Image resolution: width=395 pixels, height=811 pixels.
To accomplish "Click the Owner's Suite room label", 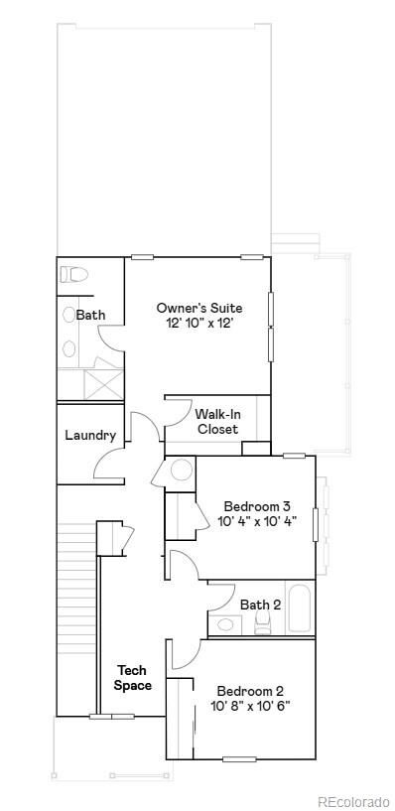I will (x=198, y=308).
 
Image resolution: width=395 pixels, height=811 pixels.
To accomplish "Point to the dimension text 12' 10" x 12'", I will (x=198, y=325).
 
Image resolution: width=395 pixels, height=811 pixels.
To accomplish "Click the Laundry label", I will (x=90, y=435).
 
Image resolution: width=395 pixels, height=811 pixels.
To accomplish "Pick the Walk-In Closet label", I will (x=216, y=422).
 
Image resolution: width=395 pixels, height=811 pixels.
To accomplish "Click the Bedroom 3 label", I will (x=256, y=506).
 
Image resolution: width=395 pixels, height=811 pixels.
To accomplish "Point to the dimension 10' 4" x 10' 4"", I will (x=256, y=522).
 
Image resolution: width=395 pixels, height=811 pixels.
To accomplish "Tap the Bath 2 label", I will (x=260, y=604).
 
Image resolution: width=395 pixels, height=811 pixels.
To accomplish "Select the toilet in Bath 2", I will (x=263, y=622).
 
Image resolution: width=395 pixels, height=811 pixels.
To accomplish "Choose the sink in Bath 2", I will (x=226, y=624).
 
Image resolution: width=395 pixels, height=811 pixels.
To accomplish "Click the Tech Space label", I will (x=132, y=678).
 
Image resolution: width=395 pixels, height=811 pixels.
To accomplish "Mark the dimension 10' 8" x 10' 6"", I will (x=250, y=707).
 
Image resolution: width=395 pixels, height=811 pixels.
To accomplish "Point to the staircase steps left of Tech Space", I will (x=77, y=615).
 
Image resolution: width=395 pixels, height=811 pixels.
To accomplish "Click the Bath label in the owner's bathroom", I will (x=90, y=315).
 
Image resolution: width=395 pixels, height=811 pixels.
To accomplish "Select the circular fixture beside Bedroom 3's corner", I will (x=182, y=471).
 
